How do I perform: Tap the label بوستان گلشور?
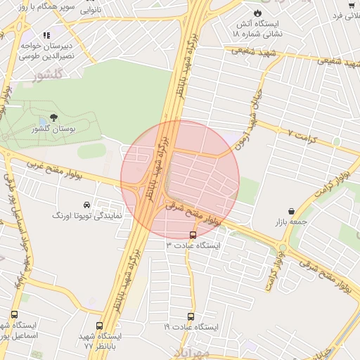click(x=54, y=129)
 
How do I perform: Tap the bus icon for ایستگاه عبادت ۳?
click(x=193, y=235)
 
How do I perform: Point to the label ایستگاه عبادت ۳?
click(x=193, y=245)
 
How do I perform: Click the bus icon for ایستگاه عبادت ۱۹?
click(x=191, y=317)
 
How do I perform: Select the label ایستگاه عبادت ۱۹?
click(x=191, y=328)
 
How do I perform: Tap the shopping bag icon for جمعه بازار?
click(x=291, y=212)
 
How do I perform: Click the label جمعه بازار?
click(x=291, y=222)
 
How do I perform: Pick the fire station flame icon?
click(x=257, y=13)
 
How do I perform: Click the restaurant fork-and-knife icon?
click(x=46, y=34)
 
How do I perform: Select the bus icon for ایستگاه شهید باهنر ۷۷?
click(x=98, y=326)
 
